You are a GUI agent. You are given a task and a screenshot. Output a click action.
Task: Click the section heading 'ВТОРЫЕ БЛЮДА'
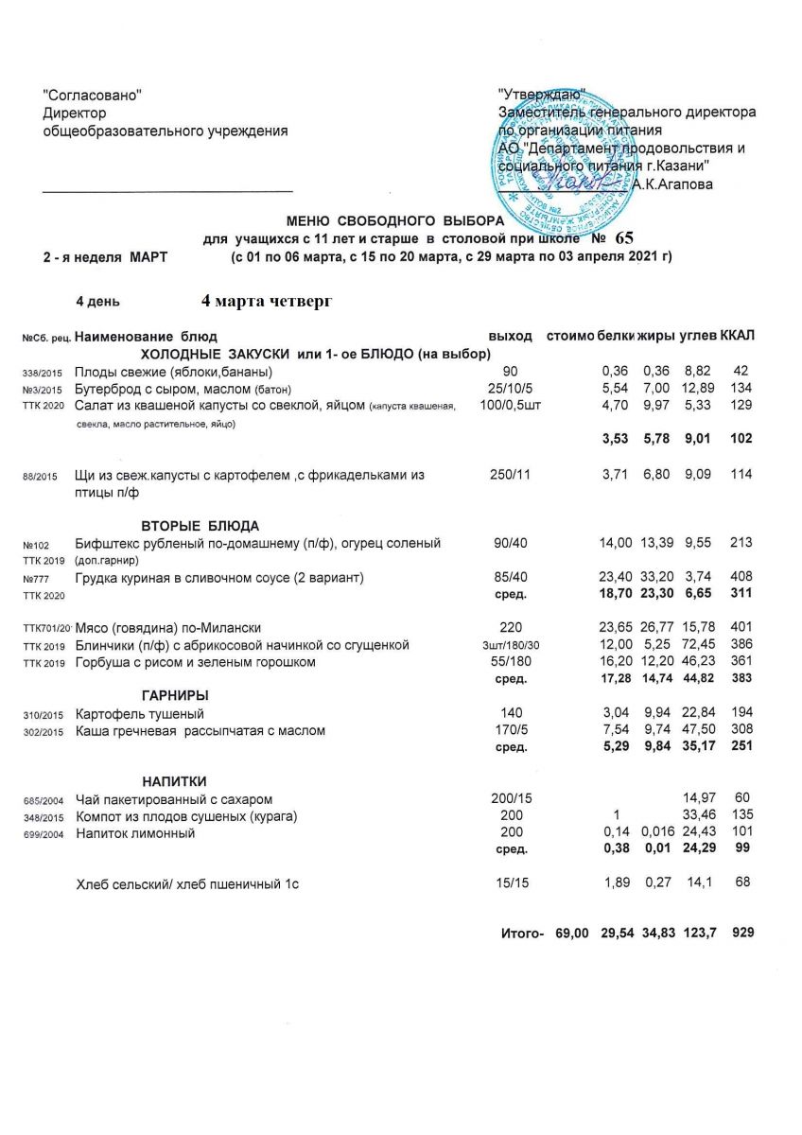(x=200, y=525)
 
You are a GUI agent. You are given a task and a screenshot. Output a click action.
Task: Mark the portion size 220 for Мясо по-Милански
(x=510, y=627)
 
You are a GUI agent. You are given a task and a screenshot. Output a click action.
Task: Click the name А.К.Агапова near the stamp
(x=672, y=184)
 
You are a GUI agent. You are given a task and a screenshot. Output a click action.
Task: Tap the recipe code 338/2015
(x=43, y=372)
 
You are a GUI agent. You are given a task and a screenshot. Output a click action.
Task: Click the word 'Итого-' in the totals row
(x=521, y=933)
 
